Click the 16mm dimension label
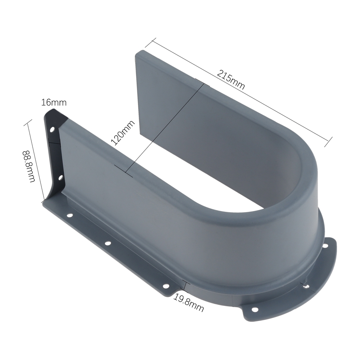click(54, 102)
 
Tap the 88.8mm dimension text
click(29, 166)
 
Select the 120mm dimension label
click(123, 133)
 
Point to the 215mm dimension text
click(231, 80)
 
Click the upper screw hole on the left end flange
click(53, 130)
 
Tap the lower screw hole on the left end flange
click(61, 178)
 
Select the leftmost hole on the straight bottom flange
click(69, 216)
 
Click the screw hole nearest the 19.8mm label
click(166, 286)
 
